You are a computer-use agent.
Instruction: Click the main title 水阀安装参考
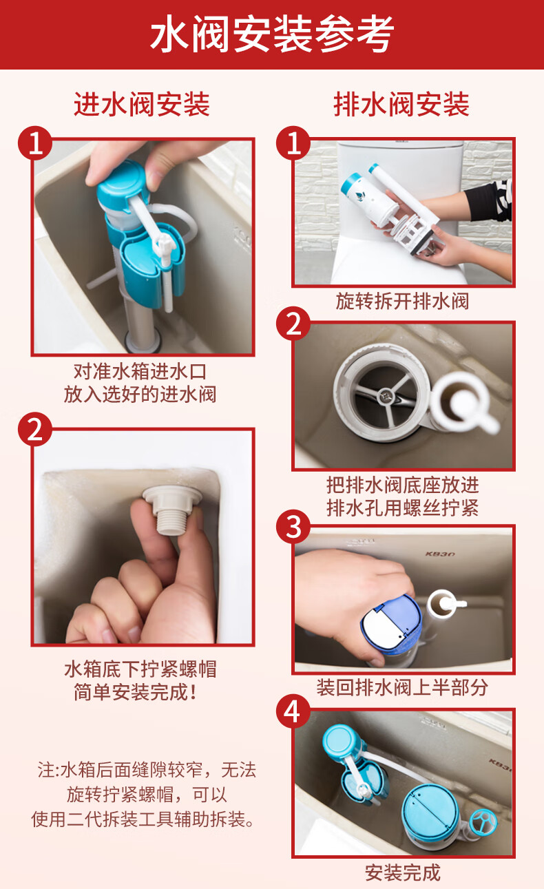tap(272, 34)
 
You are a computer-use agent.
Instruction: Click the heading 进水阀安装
tap(142, 105)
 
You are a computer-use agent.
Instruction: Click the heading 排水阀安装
tap(401, 105)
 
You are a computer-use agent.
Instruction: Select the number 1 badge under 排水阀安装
tap(294, 144)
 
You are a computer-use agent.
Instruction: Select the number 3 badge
tap(294, 528)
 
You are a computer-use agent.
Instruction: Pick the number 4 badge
tap(294, 711)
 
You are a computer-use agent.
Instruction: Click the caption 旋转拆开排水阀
tap(402, 301)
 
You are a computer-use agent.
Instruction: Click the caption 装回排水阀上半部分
tap(402, 687)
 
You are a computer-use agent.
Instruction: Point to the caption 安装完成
tap(402, 872)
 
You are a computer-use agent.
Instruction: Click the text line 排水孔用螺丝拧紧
tap(402, 508)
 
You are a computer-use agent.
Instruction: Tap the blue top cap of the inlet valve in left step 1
tap(123, 180)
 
